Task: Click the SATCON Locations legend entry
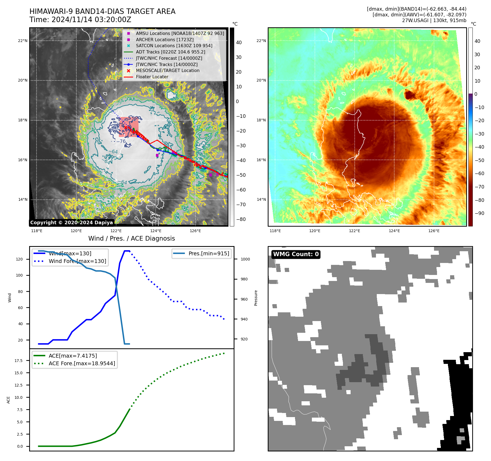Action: pos(174,46)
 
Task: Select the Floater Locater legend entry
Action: pos(152,77)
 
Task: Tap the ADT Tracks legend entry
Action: pos(170,52)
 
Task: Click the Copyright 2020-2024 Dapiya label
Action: pos(71,223)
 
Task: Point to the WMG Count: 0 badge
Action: pos(296,254)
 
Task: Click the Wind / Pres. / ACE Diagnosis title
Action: pos(131,238)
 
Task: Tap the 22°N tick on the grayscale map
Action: pos(23,41)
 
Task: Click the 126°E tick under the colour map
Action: pos(434,231)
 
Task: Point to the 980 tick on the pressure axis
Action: pos(244,279)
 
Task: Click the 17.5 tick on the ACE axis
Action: pos(19,361)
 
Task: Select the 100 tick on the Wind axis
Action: pos(19,275)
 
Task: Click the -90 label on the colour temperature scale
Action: pos(479,213)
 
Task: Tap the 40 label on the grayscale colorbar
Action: pos(239,43)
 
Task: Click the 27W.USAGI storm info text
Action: pos(434,20)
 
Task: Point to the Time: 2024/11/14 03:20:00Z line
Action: pos(80,20)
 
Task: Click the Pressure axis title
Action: pos(256,298)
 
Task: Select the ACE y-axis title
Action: pos(8,400)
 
